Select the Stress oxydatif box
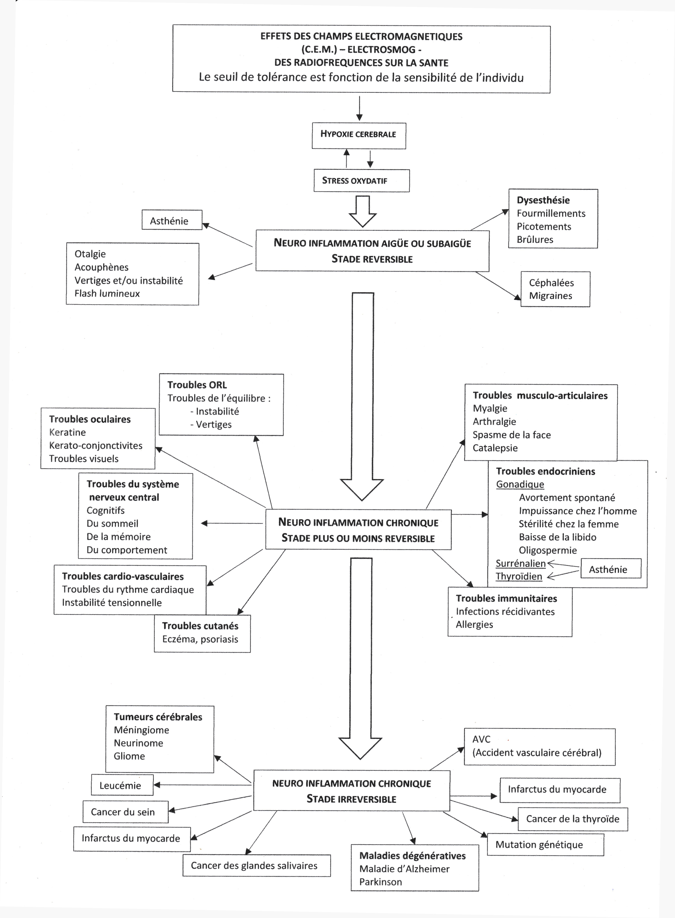[x=362, y=180]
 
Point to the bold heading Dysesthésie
[x=543, y=200]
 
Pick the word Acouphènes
[x=101, y=267]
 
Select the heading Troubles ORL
[x=197, y=385]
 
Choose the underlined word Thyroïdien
[x=519, y=576]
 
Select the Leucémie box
[x=122, y=785]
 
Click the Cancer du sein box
[x=125, y=812]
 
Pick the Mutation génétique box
[x=546, y=845]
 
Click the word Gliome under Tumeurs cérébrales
[x=129, y=756]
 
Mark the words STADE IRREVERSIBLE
[x=351, y=799]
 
